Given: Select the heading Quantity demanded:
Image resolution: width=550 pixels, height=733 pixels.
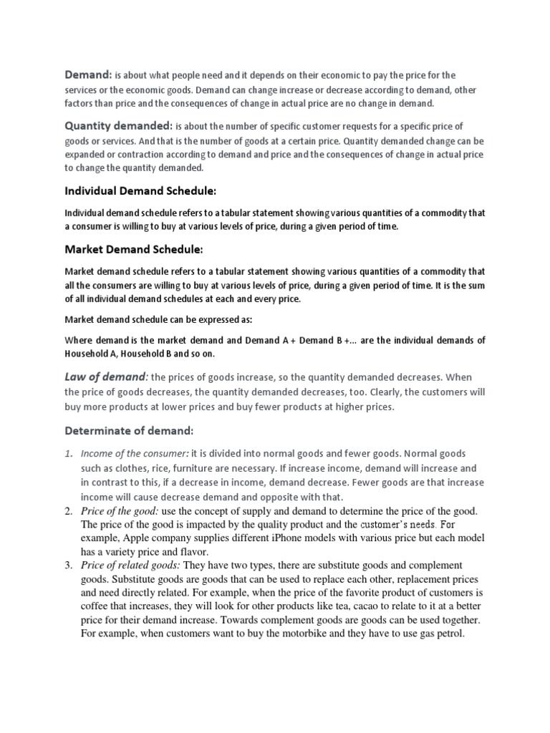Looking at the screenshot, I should click(x=118, y=125).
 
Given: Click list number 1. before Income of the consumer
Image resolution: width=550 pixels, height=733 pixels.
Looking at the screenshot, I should click(x=69, y=454).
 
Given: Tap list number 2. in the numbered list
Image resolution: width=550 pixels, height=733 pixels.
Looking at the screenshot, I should click(x=69, y=510).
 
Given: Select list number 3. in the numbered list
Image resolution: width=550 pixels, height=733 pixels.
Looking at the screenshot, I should click(x=69, y=565).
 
